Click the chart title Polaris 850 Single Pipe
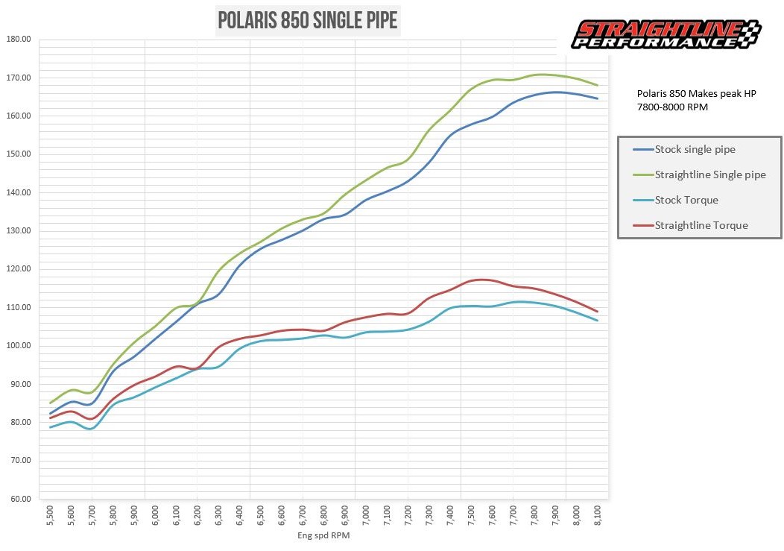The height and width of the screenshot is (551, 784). pyautogui.click(x=307, y=21)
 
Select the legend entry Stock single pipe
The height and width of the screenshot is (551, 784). pyautogui.click(x=695, y=149)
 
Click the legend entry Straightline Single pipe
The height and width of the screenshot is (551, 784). pyautogui.click(x=709, y=174)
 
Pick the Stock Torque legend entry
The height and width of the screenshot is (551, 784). pyautogui.click(x=686, y=200)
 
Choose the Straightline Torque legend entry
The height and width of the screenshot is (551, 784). pyautogui.click(x=701, y=225)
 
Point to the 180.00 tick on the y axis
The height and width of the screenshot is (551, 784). pyautogui.click(x=18, y=40)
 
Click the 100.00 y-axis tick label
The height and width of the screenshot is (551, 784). pyautogui.click(x=18, y=346)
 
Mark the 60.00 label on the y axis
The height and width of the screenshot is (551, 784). pyautogui.click(x=18, y=499)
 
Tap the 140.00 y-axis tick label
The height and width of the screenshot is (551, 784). pyautogui.click(x=18, y=192)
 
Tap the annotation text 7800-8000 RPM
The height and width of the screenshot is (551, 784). pyautogui.click(x=671, y=106)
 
